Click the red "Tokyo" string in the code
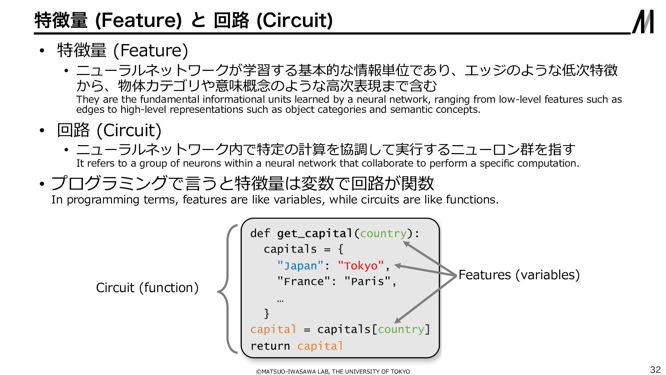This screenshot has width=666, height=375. click(361, 266)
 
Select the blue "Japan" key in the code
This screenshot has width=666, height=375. click(300, 266)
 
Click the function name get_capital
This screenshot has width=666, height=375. click(315, 234)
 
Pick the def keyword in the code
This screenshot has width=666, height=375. click(260, 233)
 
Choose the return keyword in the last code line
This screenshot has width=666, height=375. click(270, 346)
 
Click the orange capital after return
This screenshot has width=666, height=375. click(320, 346)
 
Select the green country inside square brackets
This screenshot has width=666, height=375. click(401, 330)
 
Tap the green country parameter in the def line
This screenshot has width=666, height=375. click(383, 234)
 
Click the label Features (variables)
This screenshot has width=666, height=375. click(519, 275)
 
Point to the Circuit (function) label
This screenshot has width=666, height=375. click(147, 288)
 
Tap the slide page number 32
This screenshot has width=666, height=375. click(655, 369)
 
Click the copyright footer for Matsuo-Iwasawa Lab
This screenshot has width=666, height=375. click(333, 372)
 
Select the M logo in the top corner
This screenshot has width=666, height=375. click(643, 22)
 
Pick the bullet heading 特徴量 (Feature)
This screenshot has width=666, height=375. click(122, 50)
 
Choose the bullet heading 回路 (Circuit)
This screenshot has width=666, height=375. click(109, 131)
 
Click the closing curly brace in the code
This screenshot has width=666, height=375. click(266, 314)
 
